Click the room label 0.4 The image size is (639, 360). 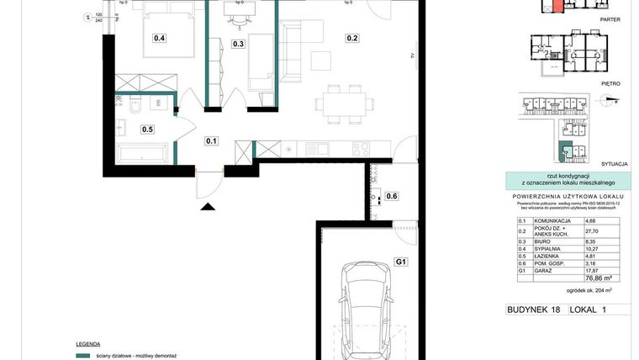pyautogui.click(x=159, y=38)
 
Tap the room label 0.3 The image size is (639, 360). pyautogui.click(x=238, y=45)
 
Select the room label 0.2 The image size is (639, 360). pyautogui.click(x=352, y=38)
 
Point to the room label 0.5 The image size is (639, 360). pyautogui.click(x=147, y=130)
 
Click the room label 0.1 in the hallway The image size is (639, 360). pyautogui.click(x=211, y=141)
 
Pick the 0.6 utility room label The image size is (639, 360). pyautogui.click(x=392, y=197)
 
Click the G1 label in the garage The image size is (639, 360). pyautogui.click(x=401, y=262)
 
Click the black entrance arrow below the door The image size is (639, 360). pyautogui.click(x=207, y=205)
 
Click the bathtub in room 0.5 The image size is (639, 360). pyautogui.click(x=144, y=155)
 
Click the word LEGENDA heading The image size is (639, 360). pyautogui.click(x=87, y=344)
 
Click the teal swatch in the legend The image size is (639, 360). pyautogui.click(x=82, y=357)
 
